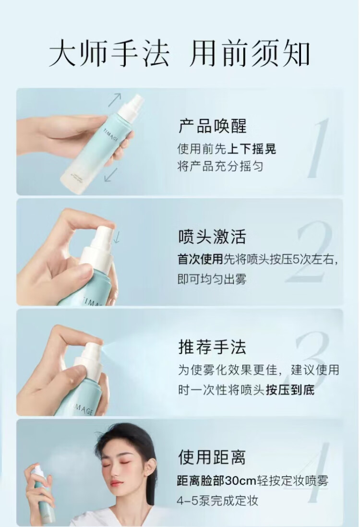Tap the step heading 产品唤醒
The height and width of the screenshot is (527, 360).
[x=213, y=126]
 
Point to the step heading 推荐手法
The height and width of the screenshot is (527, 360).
[x=213, y=347]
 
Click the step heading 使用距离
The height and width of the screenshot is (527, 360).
[x=213, y=457]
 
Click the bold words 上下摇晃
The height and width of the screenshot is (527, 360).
[x=252, y=149]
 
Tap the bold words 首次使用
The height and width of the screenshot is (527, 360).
[x=200, y=259]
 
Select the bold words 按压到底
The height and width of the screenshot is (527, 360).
[x=290, y=390]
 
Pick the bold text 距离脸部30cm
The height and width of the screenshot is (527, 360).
[x=217, y=480]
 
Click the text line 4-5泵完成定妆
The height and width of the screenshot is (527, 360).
[x=217, y=501]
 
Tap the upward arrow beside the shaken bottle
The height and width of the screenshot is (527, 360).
[x=115, y=100]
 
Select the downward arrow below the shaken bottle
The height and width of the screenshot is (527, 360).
[x=110, y=175]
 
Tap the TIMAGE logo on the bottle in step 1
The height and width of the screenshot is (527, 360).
[x=111, y=135]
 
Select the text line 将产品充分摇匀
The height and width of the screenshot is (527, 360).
[x=220, y=167]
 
